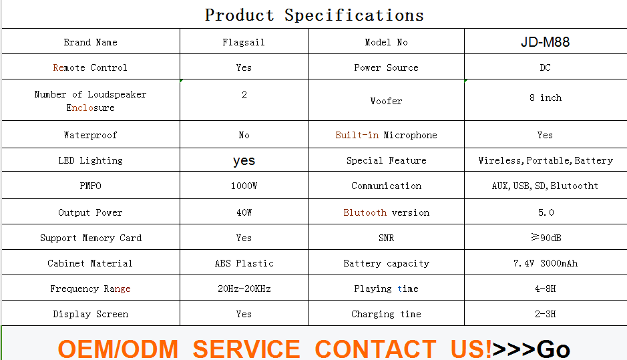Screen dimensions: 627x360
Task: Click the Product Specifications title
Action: click(314, 15)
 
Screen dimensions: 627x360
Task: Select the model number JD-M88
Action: click(545, 42)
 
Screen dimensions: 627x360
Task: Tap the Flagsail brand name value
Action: click(244, 42)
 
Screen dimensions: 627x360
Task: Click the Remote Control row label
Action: click(90, 67)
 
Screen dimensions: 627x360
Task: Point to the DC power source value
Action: click(545, 67)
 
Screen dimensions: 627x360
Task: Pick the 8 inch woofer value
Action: click(546, 98)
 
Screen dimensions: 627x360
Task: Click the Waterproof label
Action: click(90, 135)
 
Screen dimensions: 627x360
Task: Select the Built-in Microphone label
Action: click(386, 135)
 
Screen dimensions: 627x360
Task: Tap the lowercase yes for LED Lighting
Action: click(244, 161)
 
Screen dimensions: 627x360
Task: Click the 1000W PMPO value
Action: click(244, 186)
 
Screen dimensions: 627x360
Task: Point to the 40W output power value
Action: click(244, 213)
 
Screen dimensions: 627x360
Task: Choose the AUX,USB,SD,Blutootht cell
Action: click(545, 186)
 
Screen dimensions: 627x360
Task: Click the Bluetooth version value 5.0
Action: click(546, 213)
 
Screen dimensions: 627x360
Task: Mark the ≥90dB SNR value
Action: click(546, 238)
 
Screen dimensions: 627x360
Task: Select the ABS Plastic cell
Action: click(244, 264)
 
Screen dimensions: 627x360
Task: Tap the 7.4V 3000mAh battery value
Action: click(546, 264)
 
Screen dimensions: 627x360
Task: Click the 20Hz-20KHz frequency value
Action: click(244, 289)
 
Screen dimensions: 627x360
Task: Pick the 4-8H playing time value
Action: click(546, 289)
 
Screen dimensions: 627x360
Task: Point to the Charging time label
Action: click(386, 315)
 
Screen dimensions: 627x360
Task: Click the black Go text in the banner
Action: click(553, 349)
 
